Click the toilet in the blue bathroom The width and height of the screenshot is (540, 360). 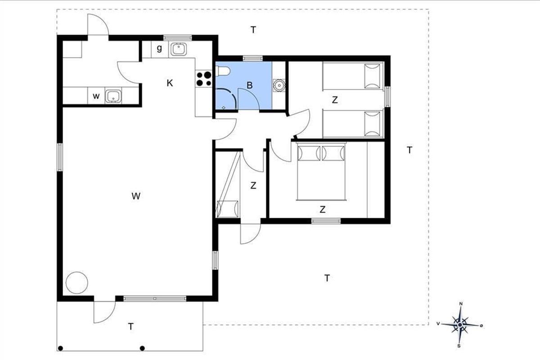click(x=223, y=71)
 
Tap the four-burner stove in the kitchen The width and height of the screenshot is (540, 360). click(x=204, y=79)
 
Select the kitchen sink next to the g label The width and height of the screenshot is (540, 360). click(x=179, y=49)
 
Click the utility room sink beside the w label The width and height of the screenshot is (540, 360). click(x=113, y=96)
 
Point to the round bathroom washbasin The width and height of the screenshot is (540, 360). click(x=279, y=85)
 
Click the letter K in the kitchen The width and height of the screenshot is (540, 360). click(x=170, y=83)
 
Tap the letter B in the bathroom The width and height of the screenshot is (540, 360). click(x=249, y=85)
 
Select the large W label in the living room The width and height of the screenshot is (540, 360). click(x=136, y=196)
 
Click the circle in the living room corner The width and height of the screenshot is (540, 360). click(x=77, y=283)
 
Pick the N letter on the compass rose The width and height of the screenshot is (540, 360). click(x=461, y=304)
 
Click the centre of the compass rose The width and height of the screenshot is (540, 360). click(x=460, y=325)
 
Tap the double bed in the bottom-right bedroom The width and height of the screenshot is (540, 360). click(x=321, y=171)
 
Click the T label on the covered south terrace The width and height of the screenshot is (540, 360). click(x=130, y=327)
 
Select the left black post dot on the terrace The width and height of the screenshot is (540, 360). click(x=60, y=348)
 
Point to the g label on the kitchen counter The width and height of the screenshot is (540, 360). click(x=159, y=49)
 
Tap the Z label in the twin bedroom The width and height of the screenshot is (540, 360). click(x=335, y=100)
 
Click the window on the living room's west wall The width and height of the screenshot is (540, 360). click(x=60, y=157)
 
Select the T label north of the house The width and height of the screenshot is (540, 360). click(x=253, y=30)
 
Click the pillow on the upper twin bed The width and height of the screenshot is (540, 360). click(x=372, y=76)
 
